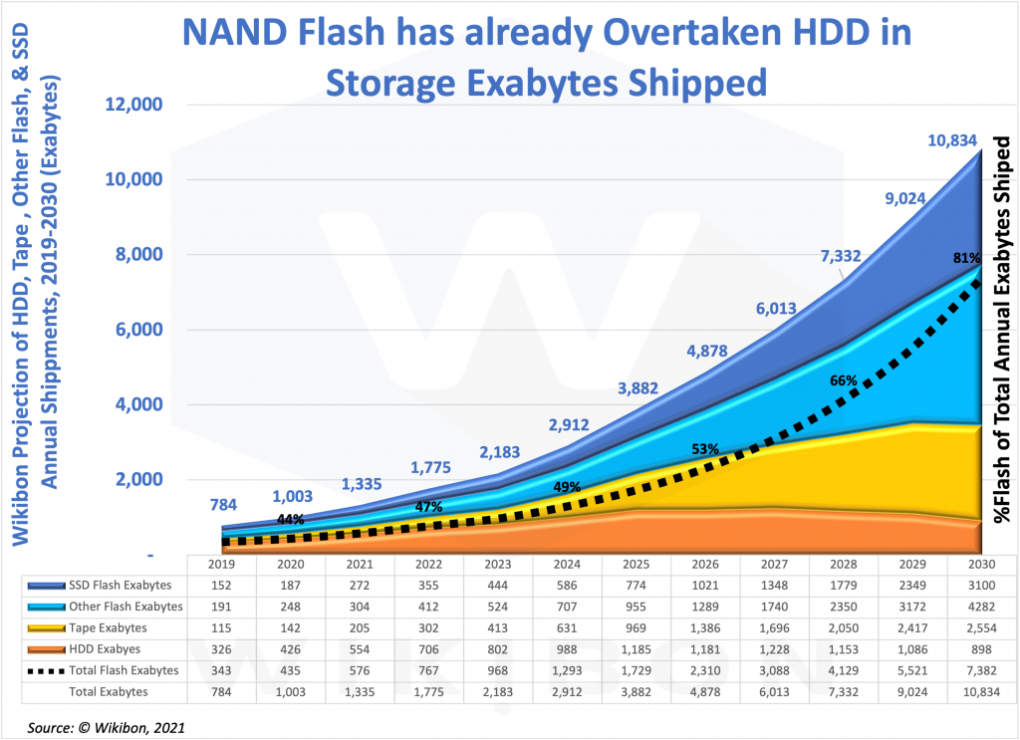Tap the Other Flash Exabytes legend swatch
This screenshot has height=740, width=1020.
click(41, 607)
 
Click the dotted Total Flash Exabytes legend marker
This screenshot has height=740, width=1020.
click(41, 670)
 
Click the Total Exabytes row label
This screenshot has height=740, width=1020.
click(107, 691)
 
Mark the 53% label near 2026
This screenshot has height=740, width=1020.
click(705, 449)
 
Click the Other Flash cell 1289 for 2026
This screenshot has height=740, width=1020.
click(705, 607)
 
